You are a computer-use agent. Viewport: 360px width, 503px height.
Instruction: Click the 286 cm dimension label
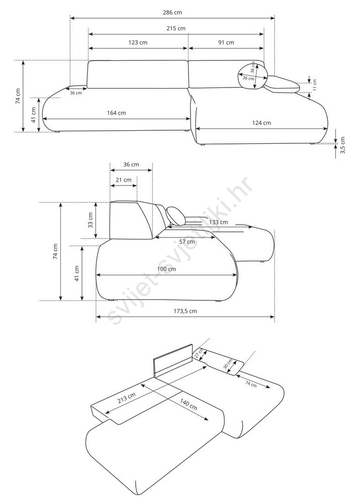coord(172,13)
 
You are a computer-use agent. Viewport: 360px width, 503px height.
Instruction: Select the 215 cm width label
coord(176,28)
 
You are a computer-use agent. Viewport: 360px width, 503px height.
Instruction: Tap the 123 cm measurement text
coord(138,42)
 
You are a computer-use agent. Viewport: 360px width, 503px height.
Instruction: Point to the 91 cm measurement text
coord(226,42)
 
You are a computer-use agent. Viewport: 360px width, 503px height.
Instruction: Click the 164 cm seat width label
coord(116,113)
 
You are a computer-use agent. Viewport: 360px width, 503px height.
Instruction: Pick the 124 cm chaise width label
coord(261,123)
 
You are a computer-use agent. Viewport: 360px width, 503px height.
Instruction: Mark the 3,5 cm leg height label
coord(342,145)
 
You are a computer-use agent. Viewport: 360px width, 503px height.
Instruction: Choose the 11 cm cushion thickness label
coord(315,85)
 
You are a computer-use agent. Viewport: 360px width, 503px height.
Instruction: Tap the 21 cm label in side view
coord(124,180)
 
